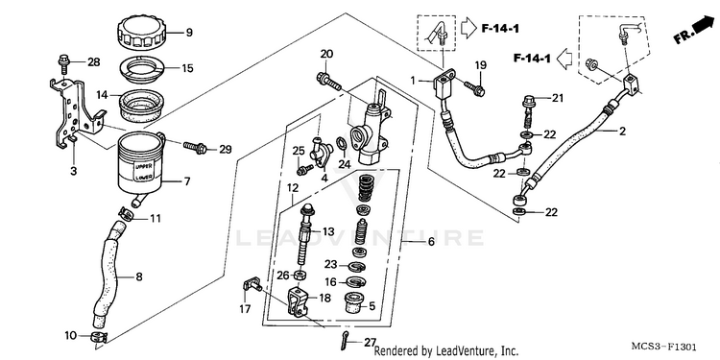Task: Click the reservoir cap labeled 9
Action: (142, 32)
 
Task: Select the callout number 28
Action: (93, 62)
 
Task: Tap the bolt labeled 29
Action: (195, 148)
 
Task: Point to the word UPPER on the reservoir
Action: (140, 166)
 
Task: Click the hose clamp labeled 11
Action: (127, 214)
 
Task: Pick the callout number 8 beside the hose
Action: (138, 276)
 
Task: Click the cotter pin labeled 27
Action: (348, 338)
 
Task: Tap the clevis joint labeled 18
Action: (298, 301)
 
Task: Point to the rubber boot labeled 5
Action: (356, 302)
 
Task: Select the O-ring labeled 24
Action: (341, 145)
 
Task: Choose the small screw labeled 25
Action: (303, 170)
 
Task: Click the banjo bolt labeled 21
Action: (529, 111)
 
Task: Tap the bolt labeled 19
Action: (474, 88)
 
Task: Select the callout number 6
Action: (431, 242)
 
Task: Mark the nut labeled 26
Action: (300, 276)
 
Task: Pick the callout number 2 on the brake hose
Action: (622, 132)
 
